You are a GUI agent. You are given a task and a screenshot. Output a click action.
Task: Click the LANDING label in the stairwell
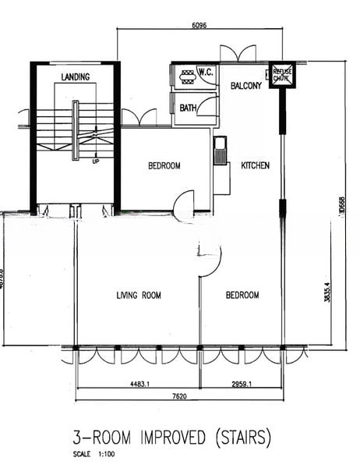[75, 76]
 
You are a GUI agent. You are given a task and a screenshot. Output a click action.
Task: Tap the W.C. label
[206, 73]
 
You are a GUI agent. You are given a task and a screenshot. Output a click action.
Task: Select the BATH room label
[188, 108]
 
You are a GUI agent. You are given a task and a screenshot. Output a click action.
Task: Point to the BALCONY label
[246, 86]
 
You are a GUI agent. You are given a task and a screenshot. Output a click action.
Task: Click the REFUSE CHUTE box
[281, 75]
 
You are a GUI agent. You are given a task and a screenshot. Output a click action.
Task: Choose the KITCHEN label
[256, 165]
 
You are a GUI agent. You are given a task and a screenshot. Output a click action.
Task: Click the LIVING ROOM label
[139, 295]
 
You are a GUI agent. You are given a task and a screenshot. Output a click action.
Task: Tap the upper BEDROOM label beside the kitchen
[164, 165]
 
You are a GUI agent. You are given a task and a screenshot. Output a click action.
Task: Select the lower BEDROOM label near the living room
[242, 295]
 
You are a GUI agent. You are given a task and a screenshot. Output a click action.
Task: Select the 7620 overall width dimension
[179, 396]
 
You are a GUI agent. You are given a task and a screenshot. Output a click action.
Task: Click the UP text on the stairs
[96, 161]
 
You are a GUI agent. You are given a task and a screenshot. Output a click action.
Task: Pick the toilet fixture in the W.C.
[187, 76]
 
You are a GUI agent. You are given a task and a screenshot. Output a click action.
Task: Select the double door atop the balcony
[238, 54]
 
